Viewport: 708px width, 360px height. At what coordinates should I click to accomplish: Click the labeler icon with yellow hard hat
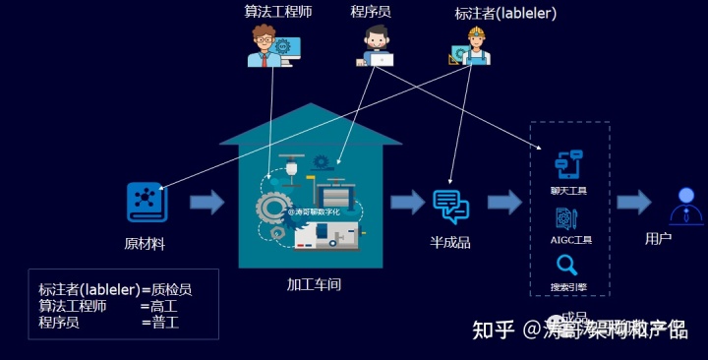pos(474,45)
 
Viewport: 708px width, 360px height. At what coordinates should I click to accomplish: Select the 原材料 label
pos(145,243)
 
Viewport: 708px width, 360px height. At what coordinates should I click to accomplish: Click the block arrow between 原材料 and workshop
pos(206,203)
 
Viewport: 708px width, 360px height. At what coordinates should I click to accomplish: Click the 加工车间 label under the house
pos(314,284)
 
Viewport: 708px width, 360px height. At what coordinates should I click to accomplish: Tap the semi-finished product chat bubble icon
pos(450,204)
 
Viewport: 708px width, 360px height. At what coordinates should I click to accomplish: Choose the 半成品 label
pos(450,242)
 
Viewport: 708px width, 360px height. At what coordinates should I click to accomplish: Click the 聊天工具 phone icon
pos(569,163)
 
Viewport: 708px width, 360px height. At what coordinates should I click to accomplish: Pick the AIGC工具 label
pos(570,239)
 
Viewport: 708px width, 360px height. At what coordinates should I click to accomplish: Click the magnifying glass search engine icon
pos(567,265)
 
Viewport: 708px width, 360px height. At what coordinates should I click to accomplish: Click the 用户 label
pos(658,238)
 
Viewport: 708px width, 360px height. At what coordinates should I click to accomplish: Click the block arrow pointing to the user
pos(633,203)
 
